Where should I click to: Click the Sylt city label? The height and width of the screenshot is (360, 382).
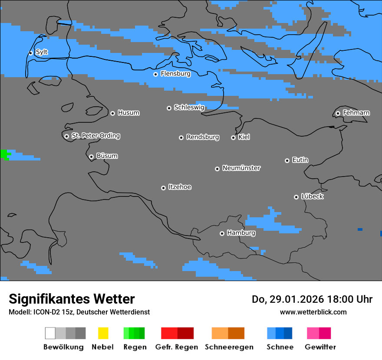coord(42,52)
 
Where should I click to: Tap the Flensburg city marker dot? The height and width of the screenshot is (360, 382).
coord(155,74)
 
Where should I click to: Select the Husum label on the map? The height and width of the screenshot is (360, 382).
coord(128,113)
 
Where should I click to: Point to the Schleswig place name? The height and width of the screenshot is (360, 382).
coord(189,107)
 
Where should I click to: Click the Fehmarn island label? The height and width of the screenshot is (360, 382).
coord(356,113)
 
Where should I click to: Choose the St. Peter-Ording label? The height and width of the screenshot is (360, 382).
coord(95,136)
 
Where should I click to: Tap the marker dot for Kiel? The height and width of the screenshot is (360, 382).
coord(233,137)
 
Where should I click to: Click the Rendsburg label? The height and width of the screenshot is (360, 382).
coord(202,137)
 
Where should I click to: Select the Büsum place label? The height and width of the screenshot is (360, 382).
coord(107,156)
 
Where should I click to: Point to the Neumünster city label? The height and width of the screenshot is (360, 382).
coord(241,168)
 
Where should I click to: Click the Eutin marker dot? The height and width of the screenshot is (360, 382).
coord(287,160)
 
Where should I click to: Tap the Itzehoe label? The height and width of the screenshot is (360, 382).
coord(180,187)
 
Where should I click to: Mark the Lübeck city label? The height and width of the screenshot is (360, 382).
coord(312,196)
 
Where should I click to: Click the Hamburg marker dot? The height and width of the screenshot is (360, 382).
coord(222,233)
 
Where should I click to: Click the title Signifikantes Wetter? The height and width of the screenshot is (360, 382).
coord(72,299)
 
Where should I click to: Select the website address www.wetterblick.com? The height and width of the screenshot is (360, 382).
coord(313,312)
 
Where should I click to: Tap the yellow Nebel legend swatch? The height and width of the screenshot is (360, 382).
coord(103,333)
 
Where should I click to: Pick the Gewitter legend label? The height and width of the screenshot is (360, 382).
coord(320,347)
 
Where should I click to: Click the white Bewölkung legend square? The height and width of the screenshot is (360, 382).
coord(50,333)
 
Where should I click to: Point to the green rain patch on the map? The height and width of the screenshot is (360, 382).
coord(5,154)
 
